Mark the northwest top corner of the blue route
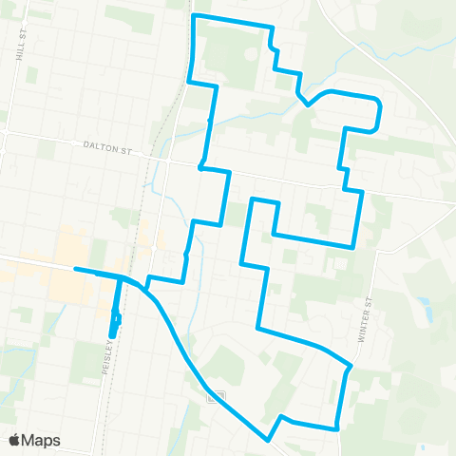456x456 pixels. click(x=194, y=16)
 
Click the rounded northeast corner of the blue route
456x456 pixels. click(x=379, y=101)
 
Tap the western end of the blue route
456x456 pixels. click(x=75, y=270)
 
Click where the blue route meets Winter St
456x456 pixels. click(x=351, y=365)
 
